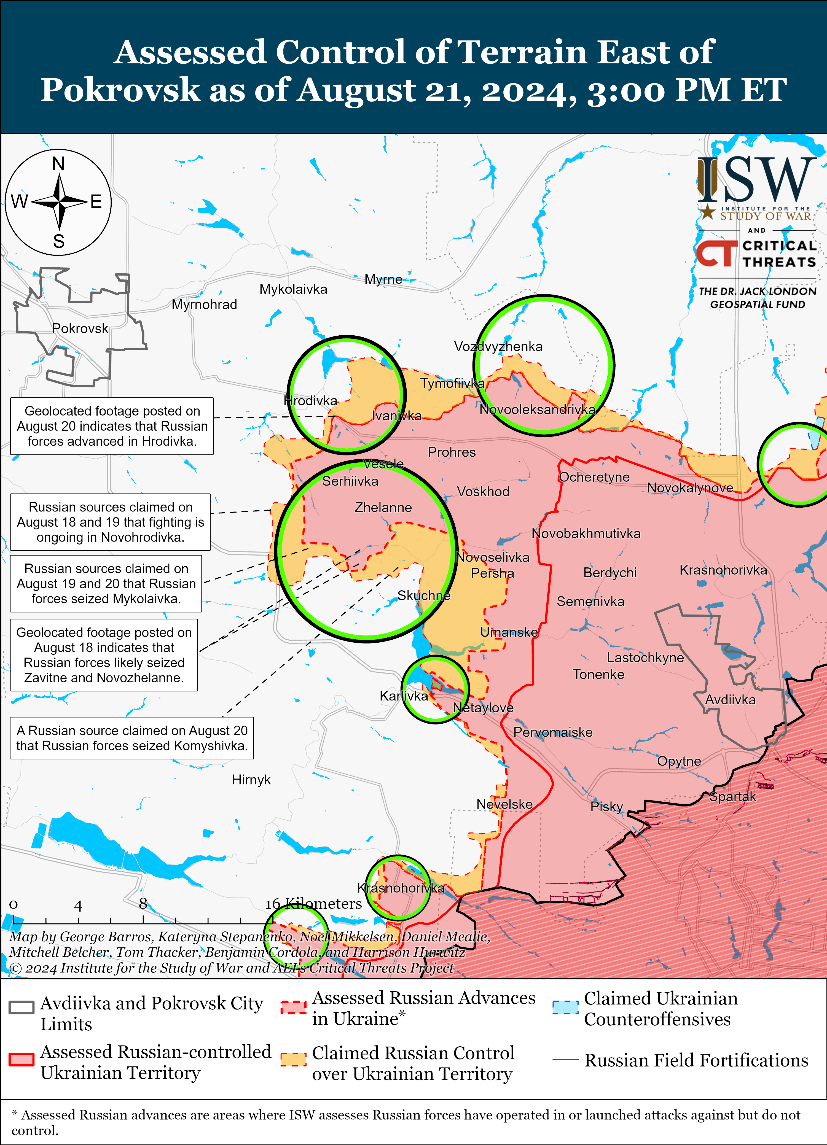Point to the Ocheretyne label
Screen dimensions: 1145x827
(x=594, y=477)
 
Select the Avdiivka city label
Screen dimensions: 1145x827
(x=730, y=700)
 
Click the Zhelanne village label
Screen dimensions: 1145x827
(x=383, y=507)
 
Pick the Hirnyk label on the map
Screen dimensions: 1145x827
(x=251, y=780)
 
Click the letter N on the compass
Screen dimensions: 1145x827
(x=58, y=164)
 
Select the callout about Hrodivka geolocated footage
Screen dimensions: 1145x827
(x=112, y=426)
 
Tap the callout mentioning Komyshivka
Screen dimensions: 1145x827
(x=132, y=738)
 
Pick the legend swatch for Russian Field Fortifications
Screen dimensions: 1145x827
(x=565, y=1059)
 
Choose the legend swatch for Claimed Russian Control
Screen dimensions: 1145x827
(x=293, y=1059)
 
